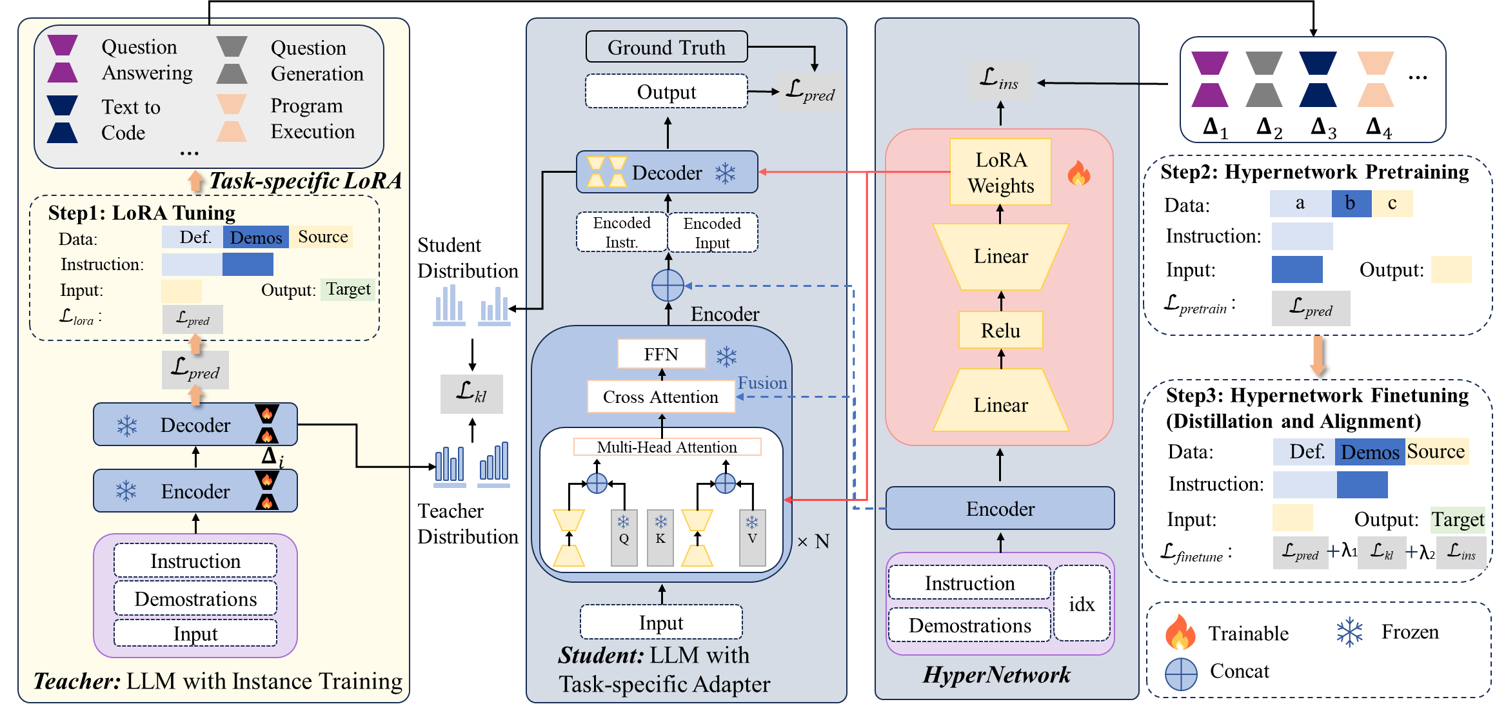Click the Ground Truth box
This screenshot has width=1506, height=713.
tap(666, 47)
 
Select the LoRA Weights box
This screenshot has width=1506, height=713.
tap(1000, 172)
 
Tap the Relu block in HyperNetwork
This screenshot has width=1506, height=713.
tap(1000, 330)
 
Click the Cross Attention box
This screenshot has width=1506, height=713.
tap(660, 396)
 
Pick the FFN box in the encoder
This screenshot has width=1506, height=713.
tap(661, 354)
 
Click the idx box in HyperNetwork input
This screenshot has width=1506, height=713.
tap(1082, 604)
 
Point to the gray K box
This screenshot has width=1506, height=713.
tap(660, 538)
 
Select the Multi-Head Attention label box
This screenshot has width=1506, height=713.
tap(667, 447)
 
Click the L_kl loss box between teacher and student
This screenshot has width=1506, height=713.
tap(471, 393)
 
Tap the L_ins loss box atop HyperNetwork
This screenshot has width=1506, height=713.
tap(999, 80)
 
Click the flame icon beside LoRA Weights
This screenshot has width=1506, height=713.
tap(1078, 173)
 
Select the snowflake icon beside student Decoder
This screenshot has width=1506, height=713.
tap(726, 173)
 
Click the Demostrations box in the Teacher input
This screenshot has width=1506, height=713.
tap(195, 599)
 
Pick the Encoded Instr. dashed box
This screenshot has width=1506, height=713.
tap(622, 232)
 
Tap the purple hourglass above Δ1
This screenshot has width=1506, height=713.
tap(1209, 79)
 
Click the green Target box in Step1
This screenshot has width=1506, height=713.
tap(348, 289)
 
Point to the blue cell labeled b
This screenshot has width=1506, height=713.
tap(1351, 204)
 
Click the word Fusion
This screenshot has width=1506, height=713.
tap(762, 383)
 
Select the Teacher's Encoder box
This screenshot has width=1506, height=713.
tap(195, 491)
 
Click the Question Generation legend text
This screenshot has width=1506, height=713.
tap(317, 61)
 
